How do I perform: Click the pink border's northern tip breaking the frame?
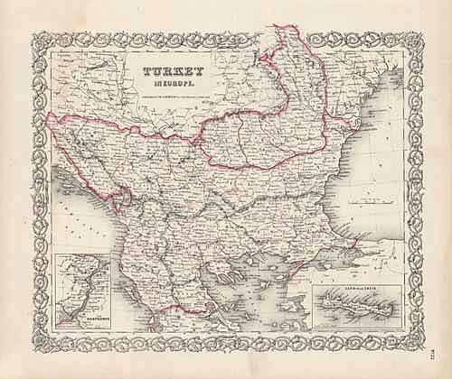pyautogui.click(x=287, y=32)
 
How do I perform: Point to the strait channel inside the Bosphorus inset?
pyautogui.click(x=79, y=289)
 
